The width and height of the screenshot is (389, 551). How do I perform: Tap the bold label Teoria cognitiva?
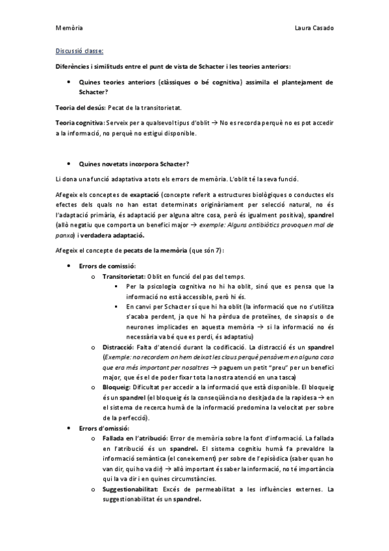[80, 123]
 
